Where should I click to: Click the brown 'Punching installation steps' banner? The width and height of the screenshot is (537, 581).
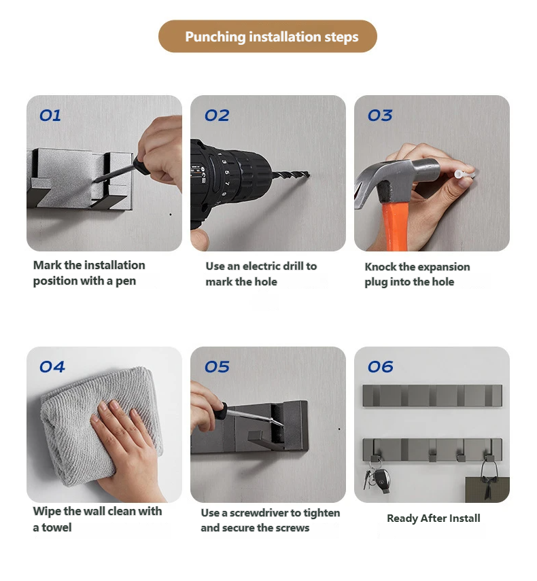tap(268, 36)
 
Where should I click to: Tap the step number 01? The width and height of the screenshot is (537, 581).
tap(50, 116)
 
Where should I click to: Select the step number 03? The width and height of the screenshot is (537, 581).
tap(380, 116)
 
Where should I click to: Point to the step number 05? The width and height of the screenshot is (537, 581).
tap(217, 367)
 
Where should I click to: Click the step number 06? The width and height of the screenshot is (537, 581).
tap(381, 367)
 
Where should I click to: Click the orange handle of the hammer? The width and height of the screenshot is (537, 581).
tap(393, 226)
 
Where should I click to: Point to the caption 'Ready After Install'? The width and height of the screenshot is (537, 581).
tap(433, 518)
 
